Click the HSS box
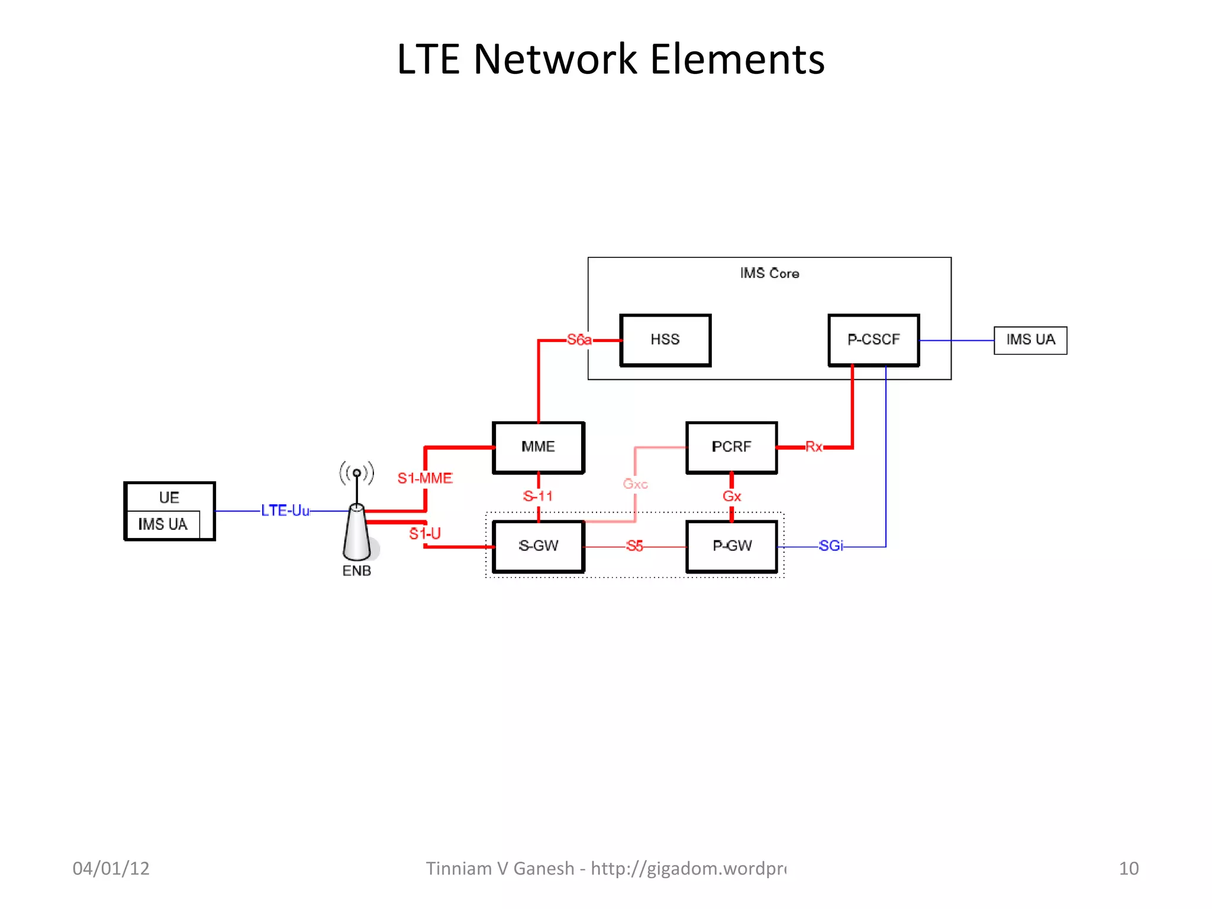point(665,340)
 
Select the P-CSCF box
point(873,340)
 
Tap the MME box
point(538,447)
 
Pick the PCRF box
point(731,447)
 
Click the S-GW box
point(538,546)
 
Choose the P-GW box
point(731,546)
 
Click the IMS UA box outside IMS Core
point(1030,340)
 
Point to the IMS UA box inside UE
point(163,524)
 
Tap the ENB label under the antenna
point(357,571)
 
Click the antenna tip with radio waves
point(357,473)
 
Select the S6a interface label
point(579,340)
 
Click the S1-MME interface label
point(425,478)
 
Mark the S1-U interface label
point(425,534)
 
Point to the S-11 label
point(538,497)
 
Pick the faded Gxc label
point(635,484)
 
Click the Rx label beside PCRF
point(814,447)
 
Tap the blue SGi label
point(831,546)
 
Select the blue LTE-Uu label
point(285,510)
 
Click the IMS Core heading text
point(769,273)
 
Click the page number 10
point(1129,868)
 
